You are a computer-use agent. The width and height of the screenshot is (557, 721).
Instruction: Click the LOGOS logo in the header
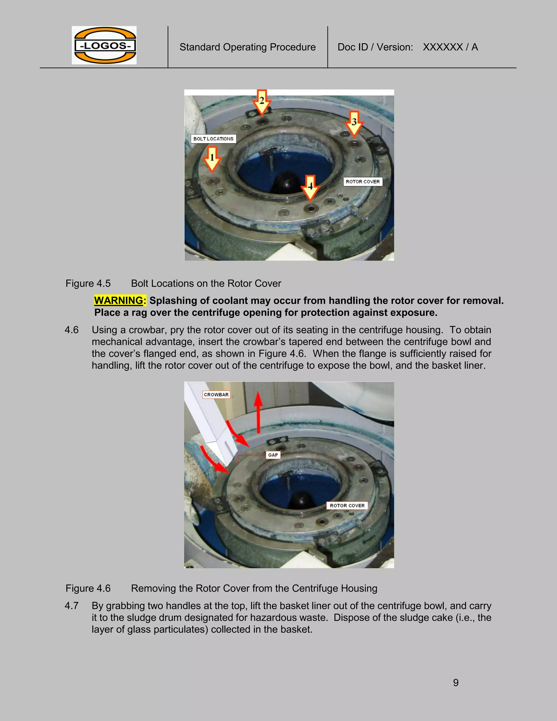pos(104,45)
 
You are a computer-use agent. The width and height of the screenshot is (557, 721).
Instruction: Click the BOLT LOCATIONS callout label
pos(213,139)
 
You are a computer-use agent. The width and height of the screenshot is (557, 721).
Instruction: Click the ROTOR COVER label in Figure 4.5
pos(363,181)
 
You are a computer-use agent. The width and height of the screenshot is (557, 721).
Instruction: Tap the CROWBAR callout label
pos(216,395)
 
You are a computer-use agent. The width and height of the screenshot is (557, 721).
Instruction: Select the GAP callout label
pos(273,455)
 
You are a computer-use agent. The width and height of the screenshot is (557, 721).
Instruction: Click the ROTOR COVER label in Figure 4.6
pos(347,506)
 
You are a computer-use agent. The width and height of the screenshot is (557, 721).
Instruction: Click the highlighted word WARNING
pos(120,300)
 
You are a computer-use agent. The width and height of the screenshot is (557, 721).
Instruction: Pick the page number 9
pos(456,682)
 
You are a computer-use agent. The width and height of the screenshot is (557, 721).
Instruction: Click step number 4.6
pos(72,330)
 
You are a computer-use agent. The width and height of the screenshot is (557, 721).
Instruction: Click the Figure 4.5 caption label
pos(88,283)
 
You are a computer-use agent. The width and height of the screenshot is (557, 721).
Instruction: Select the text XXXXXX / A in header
pos(450,47)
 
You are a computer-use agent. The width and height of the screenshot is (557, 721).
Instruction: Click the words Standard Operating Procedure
pos(247,47)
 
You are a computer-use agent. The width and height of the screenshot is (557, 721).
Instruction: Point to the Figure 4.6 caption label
pos(88,588)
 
